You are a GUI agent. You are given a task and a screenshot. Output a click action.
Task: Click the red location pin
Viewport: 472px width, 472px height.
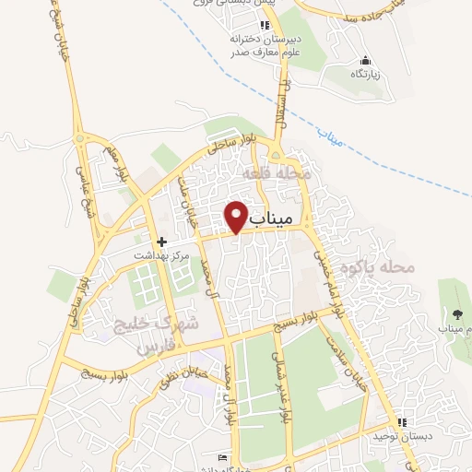point(237,215)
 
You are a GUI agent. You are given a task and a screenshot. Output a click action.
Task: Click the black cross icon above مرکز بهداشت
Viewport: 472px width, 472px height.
point(161,240)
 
